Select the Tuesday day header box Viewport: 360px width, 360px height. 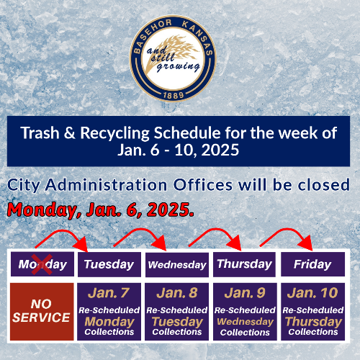pyautogui.click(x=109, y=264)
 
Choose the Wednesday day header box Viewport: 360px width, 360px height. pyautogui.click(x=177, y=264)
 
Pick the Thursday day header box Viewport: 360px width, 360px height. pyautogui.click(x=244, y=264)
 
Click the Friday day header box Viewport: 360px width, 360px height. pyautogui.click(x=312, y=264)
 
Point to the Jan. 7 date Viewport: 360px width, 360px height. pyautogui.click(x=109, y=293)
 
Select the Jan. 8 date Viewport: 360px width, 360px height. pyautogui.click(x=177, y=293)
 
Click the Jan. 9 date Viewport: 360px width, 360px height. pyautogui.click(x=245, y=293)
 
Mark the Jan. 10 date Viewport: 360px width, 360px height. pyautogui.click(x=312, y=293)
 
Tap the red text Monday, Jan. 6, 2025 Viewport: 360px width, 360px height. pyautogui.click(x=100, y=210)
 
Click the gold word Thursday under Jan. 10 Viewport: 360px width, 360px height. pyautogui.click(x=312, y=322)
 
